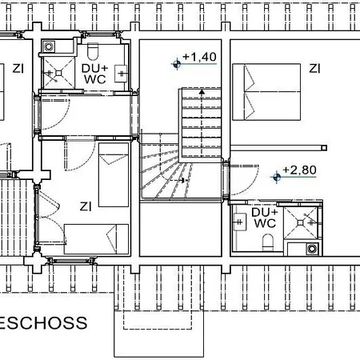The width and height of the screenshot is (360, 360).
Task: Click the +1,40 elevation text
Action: pyautogui.click(x=200, y=57)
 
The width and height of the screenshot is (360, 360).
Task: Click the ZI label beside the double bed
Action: pyautogui.click(x=315, y=68)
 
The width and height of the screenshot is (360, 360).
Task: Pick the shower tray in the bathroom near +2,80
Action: pyautogui.click(x=302, y=218)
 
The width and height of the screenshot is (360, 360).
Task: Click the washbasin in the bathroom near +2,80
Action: pyautogui.click(x=238, y=223)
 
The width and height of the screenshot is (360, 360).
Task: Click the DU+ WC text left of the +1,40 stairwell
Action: pyautogui.click(x=94, y=74)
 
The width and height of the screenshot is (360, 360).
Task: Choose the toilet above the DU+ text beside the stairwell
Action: pyautogui.click(x=94, y=53)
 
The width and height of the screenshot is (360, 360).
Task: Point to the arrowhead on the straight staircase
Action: pyautogui.click(x=202, y=93)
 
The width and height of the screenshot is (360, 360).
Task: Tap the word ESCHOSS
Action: pyautogui.click(x=44, y=323)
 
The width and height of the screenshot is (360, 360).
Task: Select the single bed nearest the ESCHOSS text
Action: pyautogui.click(x=96, y=238)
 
